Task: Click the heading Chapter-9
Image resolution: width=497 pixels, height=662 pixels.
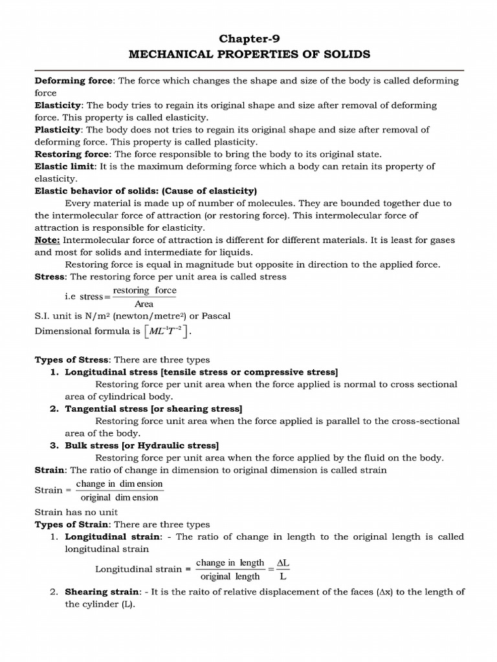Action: pos(249,39)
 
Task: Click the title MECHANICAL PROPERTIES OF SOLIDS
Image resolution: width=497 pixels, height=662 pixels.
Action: pos(249,54)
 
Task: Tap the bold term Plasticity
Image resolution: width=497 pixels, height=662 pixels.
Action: pos(58,129)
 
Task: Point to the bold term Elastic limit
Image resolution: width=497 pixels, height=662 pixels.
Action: pos(64,166)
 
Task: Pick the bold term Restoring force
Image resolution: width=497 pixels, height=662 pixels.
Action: pos(72,154)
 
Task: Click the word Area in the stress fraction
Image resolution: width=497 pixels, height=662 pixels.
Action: pos(144,304)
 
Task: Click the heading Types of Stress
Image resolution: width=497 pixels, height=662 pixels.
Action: pos(72,359)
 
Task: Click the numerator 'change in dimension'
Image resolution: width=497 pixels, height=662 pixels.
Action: pos(119,484)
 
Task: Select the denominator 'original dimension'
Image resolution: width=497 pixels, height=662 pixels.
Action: pos(119,498)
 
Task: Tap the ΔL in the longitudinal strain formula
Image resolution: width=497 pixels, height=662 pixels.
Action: pos(283,563)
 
